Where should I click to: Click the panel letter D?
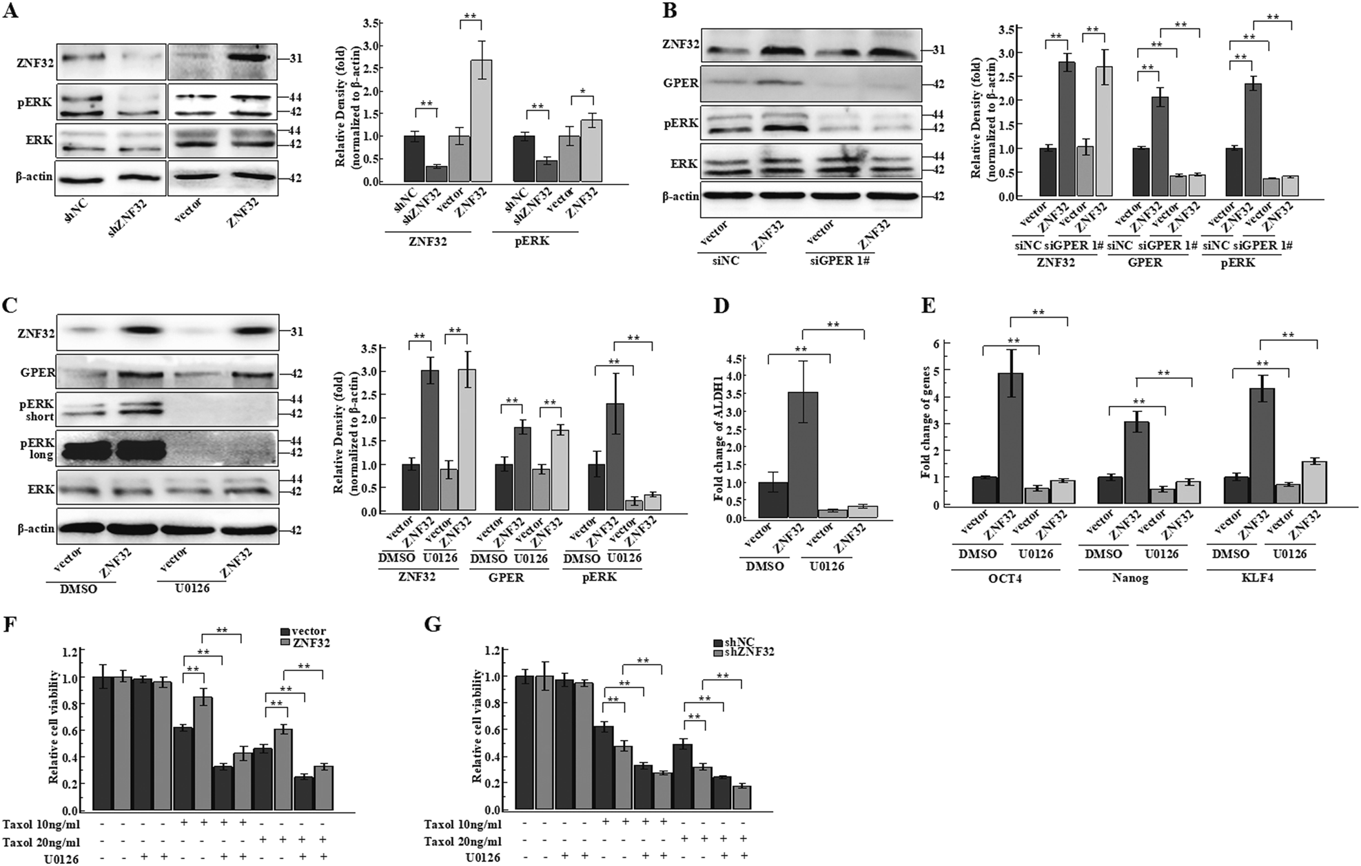click(x=721, y=305)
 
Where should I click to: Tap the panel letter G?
click(x=433, y=624)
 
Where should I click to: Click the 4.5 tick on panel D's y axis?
click(x=740, y=358)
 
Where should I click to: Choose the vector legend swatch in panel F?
click(x=285, y=632)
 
